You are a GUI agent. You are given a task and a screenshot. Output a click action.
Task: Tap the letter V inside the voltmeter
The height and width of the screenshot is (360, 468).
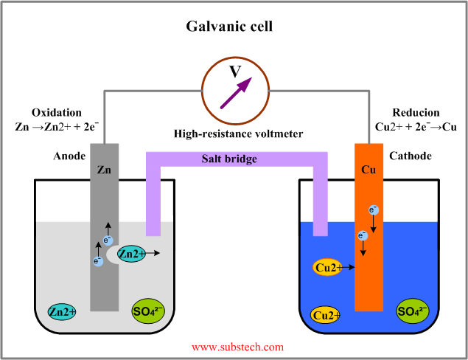tap(234, 72)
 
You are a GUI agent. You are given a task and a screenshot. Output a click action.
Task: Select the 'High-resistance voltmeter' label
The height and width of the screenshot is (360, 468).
tap(234, 134)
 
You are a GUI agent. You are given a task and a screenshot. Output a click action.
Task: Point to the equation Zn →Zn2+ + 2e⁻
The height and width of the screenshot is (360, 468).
tap(57, 126)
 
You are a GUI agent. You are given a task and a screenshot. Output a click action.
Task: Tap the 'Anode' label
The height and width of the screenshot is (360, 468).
tap(70, 156)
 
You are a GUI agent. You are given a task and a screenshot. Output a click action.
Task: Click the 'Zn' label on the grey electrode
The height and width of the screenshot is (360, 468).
tap(104, 170)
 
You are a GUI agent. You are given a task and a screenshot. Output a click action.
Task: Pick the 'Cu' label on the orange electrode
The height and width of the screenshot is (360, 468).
tap(369, 170)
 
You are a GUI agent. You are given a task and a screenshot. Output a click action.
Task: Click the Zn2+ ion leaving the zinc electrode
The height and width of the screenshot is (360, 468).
tap(131, 254)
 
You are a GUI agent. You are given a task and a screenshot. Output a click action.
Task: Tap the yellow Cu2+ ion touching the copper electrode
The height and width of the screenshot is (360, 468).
tap(328, 268)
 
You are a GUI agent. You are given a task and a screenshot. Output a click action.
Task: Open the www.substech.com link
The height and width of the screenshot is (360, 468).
tap(237, 346)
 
